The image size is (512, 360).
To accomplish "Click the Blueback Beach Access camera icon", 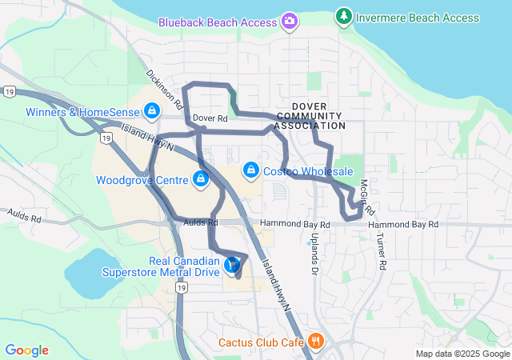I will [289, 21].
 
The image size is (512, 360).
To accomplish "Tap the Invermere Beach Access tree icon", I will [343, 16].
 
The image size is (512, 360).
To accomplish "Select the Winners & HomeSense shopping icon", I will [152, 112].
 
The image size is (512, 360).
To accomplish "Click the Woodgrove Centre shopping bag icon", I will [201, 179].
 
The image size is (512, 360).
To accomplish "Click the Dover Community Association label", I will [318, 115].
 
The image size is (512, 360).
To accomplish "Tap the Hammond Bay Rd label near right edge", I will [403, 225].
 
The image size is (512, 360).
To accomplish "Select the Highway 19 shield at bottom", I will [182, 287].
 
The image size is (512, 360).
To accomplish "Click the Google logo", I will [26, 350].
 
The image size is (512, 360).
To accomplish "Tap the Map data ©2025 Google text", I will [462, 354].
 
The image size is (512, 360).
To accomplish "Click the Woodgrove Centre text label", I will [141, 180].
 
